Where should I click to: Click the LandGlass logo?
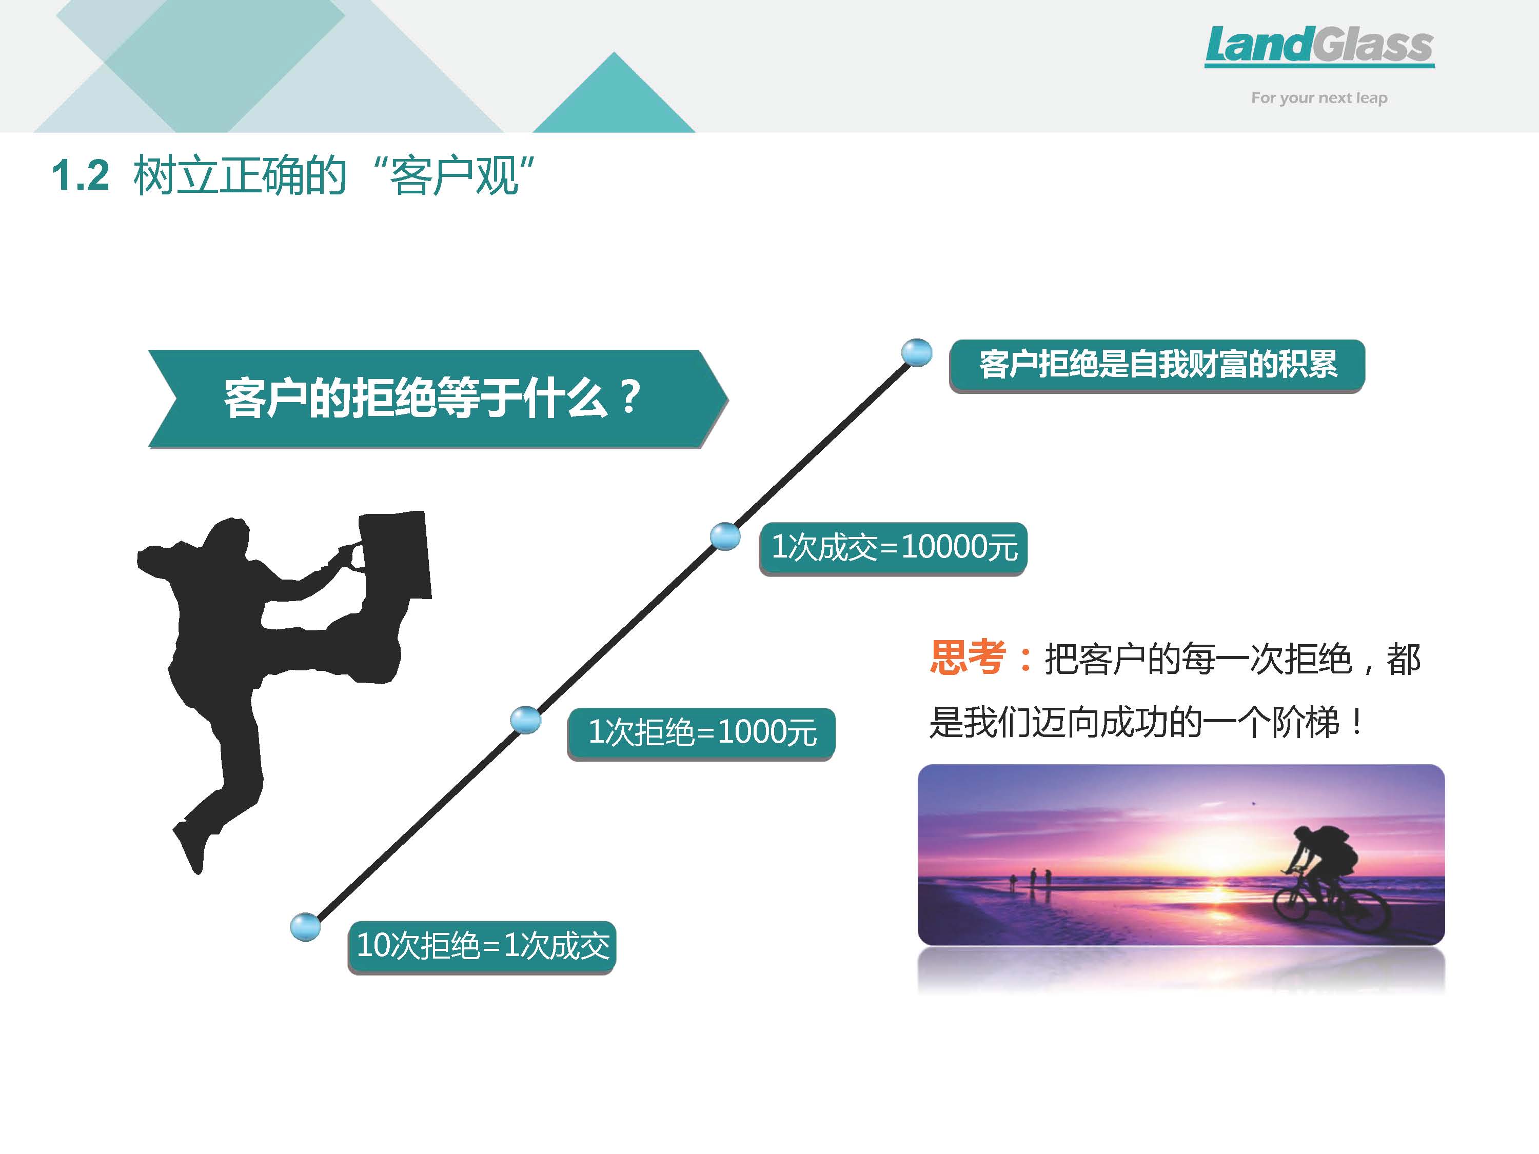click(1319, 46)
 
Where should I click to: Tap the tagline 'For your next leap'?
click(1319, 98)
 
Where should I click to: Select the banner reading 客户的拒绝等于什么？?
click(438, 399)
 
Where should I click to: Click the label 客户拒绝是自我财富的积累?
click(1157, 365)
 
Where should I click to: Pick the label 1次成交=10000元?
click(893, 548)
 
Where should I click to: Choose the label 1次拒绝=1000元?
click(701, 733)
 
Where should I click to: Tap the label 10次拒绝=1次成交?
click(482, 947)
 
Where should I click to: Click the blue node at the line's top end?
click(916, 353)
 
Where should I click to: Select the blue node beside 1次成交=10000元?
click(725, 536)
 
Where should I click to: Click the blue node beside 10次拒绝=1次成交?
click(305, 927)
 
